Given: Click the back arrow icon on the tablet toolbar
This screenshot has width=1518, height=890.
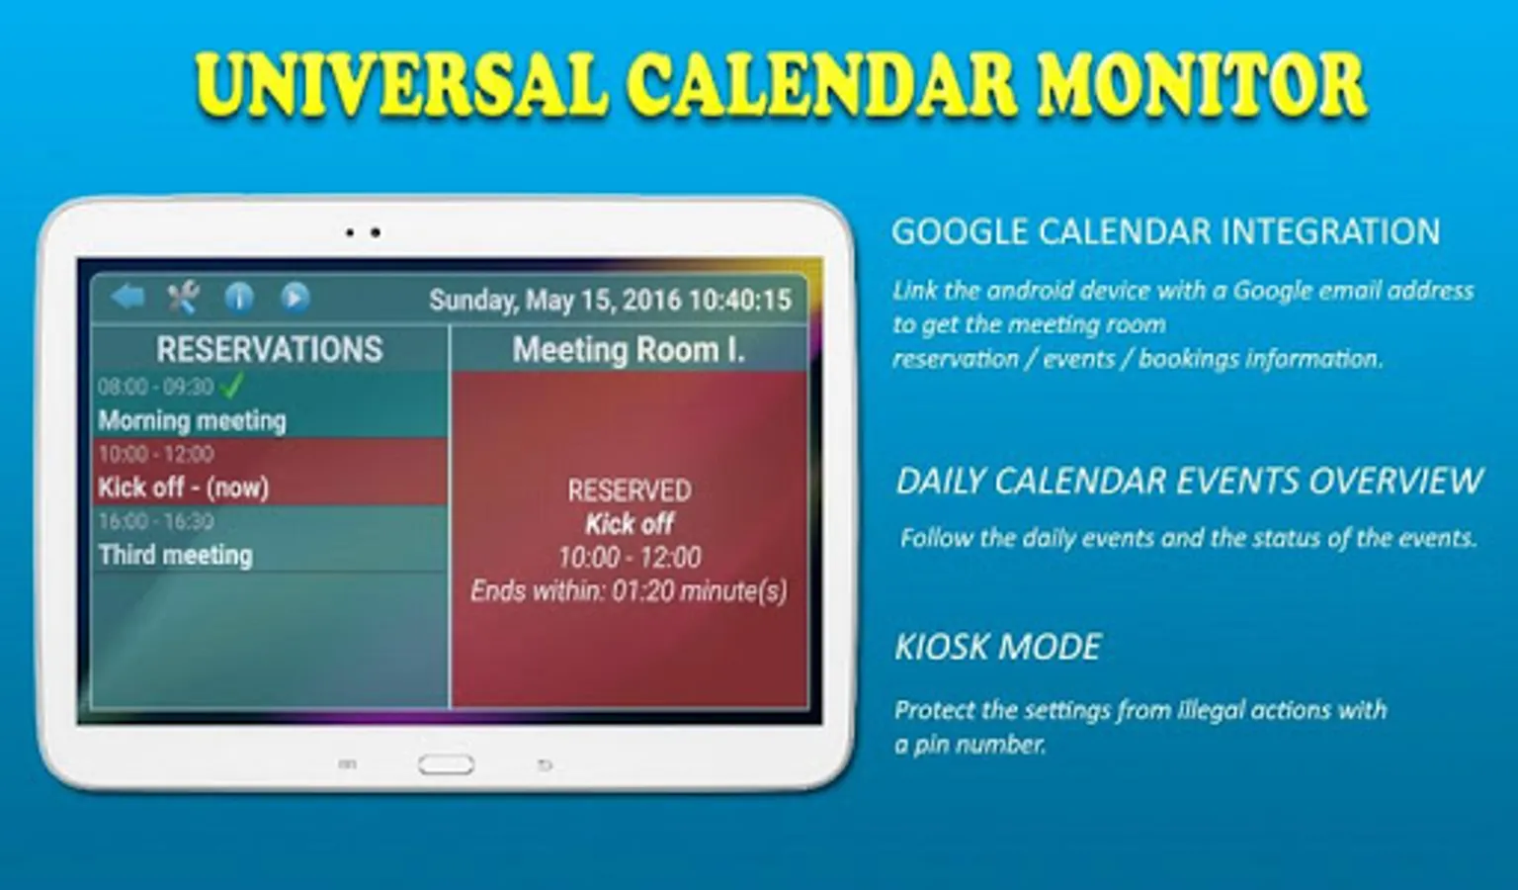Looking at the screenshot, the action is click(x=128, y=297).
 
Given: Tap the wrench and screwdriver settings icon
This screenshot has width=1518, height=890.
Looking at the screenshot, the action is click(x=183, y=297).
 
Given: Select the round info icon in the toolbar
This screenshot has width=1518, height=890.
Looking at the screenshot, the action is click(x=239, y=297).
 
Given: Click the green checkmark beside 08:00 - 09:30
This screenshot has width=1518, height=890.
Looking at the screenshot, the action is click(x=232, y=386).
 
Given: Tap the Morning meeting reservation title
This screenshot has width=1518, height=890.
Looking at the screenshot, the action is click(x=193, y=420).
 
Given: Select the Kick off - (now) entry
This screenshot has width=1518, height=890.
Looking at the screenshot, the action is click(x=184, y=488).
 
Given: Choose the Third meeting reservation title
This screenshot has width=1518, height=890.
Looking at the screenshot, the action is click(x=176, y=555).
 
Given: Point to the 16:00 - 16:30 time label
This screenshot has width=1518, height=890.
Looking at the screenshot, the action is click(x=156, y=521).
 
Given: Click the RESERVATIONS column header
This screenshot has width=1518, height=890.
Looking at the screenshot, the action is click(x=270, y=349).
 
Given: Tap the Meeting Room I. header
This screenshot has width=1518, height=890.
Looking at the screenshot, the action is click(x=629, y=350).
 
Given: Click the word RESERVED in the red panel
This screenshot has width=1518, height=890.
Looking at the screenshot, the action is click(x=630, y=490).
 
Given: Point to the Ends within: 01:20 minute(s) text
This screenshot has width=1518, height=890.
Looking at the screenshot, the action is click(x=629, y=590).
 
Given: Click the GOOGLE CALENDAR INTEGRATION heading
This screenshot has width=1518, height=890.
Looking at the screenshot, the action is click(x=1165, y=231).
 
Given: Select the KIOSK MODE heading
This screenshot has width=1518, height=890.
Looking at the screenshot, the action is click(x=998, y=647).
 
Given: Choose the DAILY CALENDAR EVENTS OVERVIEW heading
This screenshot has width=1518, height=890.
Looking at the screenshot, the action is click(x=1189, y=481).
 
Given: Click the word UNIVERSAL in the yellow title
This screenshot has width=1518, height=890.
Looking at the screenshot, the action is click(x=401, y=86).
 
